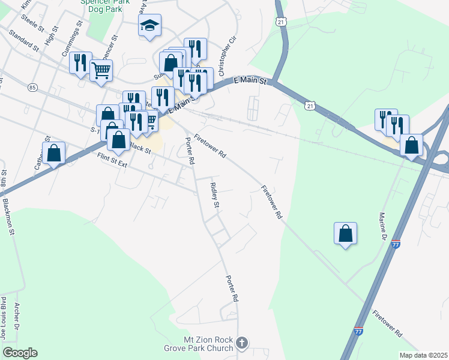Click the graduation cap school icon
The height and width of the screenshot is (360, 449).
149,25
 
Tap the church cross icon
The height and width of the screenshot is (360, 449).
241,343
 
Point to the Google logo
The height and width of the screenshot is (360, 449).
19,352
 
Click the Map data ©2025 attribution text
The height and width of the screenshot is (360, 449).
423,355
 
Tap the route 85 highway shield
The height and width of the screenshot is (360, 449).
32,88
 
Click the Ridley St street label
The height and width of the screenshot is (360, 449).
213,194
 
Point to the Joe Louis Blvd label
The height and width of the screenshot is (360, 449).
3,317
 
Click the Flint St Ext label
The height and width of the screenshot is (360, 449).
113,160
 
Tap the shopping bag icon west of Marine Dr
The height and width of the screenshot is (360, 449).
346,233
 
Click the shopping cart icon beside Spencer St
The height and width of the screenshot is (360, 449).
101,70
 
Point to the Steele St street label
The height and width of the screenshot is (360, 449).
32,25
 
